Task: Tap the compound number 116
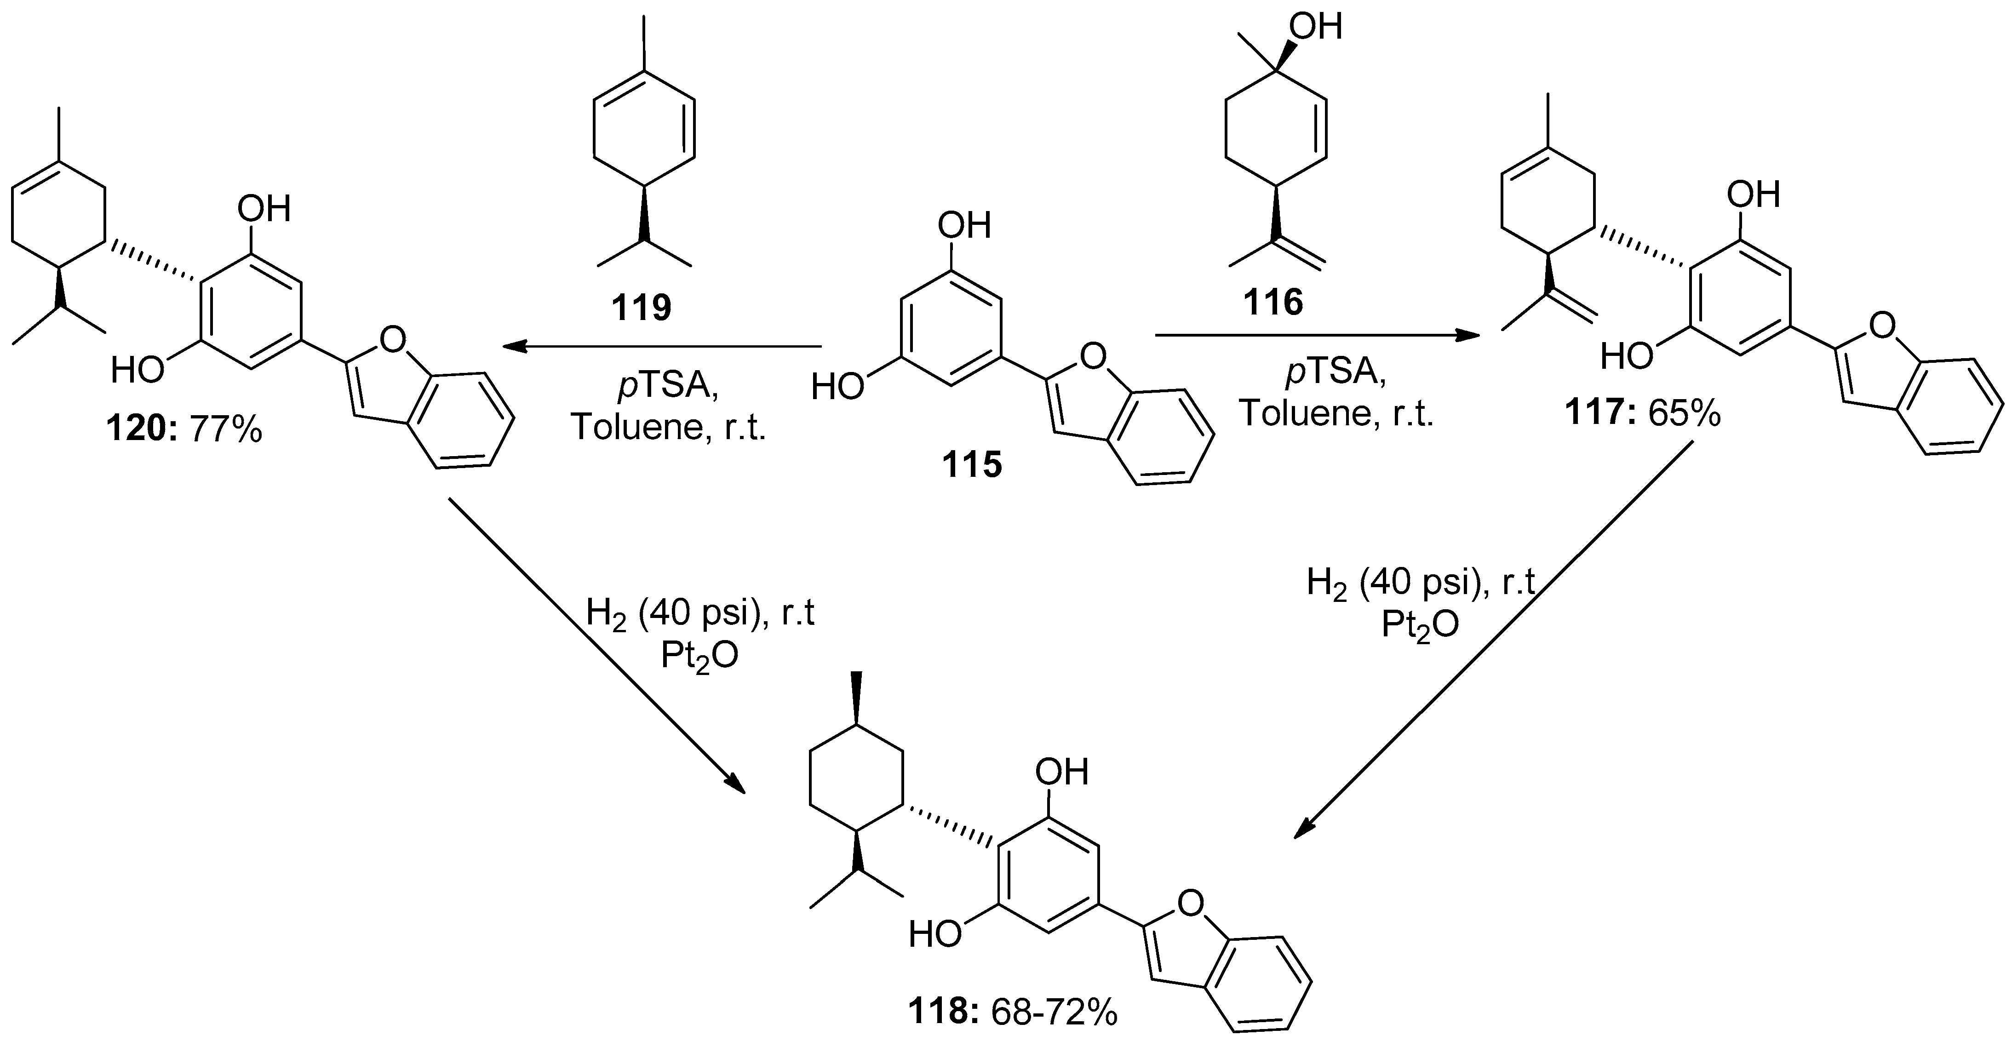tap(1273, 302)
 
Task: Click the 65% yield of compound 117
tap(1684, 414)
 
